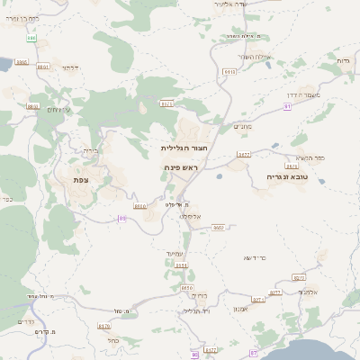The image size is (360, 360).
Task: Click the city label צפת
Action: [x=82, y=180]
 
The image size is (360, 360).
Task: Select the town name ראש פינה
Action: [x=186, y=167]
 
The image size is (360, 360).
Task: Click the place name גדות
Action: [x=342, y=60]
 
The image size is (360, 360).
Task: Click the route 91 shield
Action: [x=287, y=105]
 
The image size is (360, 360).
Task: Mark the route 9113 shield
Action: [x=229, y=71]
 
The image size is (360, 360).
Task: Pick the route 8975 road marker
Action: [x=291, y=166]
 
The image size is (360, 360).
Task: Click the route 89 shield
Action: [x=121, y=218]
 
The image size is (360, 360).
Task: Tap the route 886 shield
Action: [x=31, y=38]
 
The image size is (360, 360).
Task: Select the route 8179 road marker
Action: [x=103, y=327]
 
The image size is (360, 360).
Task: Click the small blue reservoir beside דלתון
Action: [x=20, y=63]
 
